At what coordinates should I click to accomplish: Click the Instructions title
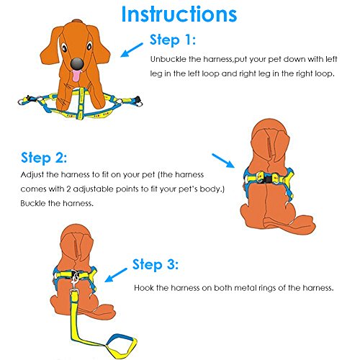click(x=180, y=14)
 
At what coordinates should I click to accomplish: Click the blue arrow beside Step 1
click(x=131, y=48)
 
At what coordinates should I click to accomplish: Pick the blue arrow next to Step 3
click(x=114, y=274)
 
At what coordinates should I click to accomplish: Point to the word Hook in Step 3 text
click(x=143, y=288)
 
